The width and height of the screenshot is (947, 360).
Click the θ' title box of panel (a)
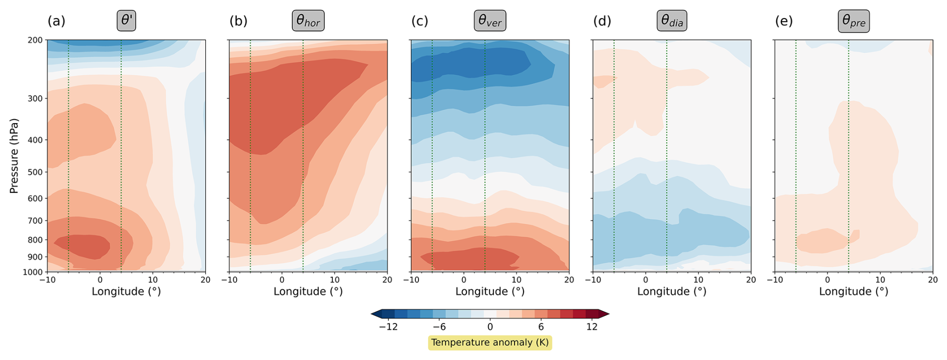click(127, 21)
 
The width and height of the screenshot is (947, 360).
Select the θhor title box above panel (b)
click(308, 21)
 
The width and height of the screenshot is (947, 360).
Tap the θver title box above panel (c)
click(490, 21)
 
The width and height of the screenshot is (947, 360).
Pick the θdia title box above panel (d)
click(672, 21)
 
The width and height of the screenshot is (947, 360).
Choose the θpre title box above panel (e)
click(853, 21)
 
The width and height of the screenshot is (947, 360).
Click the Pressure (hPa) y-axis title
click(14, 156)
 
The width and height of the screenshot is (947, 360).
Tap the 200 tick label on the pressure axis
click(35, 40)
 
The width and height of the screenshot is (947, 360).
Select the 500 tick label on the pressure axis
click(35, 172)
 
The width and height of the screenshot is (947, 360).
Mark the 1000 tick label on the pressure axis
click(33, 272)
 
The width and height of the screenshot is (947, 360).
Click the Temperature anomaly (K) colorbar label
click(490, 342)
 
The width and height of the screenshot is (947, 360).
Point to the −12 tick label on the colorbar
click(388, 327)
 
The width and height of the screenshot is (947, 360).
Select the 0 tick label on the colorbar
click(490, 327)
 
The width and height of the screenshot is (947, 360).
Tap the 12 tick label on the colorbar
click(592, 327)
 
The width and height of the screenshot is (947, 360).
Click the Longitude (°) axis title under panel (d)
click(672, 291)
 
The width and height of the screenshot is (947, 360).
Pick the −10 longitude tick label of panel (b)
click(229, 280)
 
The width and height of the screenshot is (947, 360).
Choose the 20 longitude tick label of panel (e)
click(932, 280)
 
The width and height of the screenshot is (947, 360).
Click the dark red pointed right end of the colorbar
click(604, 314)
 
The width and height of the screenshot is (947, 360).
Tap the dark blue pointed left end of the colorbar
click(376, 314)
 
